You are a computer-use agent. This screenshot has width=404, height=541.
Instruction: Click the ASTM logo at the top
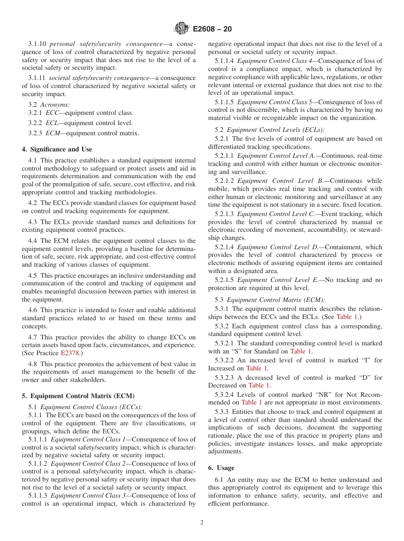tap(182, 29)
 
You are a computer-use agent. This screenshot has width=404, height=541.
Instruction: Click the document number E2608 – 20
tap(213, 29)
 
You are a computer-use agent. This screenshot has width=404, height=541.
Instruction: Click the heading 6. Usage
tap(221, 468)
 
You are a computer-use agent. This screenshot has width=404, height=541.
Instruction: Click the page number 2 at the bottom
tap(202, 523)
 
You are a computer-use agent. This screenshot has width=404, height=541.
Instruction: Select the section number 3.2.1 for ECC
tap(36, 113)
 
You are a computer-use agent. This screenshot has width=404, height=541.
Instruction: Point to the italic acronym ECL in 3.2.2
tap(51, 123)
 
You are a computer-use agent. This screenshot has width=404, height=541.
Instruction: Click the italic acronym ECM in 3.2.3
tap(52, 133)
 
